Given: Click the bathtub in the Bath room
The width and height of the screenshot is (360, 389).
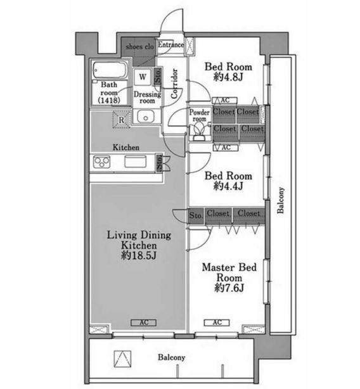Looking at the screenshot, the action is [110, 70].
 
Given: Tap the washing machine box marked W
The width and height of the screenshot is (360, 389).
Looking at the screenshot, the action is [143, 77].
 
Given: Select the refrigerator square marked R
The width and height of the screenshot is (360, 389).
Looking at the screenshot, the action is [121, 120].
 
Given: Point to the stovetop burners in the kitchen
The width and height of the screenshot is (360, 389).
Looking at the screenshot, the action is [101, 162].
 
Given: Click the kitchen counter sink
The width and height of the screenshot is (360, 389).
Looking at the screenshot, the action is [135, 162].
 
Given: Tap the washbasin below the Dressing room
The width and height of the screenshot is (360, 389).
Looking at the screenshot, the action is [146, 117].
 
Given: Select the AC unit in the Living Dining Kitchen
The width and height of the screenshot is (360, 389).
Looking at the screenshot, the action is [144, 322].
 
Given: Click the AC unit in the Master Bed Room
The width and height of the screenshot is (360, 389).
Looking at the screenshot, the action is [217, 322].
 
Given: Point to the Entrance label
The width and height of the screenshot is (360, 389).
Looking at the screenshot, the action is [171, 44].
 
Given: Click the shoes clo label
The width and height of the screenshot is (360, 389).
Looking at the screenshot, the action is [139, 47].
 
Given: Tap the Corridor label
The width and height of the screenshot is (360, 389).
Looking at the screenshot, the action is [174, 84].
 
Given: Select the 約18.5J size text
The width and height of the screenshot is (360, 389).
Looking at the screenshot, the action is [139, 255].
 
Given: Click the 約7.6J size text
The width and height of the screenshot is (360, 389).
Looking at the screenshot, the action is [229, 288].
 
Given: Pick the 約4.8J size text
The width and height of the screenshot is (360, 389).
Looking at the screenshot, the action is [228, 77].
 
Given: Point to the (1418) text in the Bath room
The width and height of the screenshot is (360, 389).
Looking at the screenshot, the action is [109, 100].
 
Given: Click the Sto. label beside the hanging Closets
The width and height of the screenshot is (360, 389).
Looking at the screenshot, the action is [196, 215].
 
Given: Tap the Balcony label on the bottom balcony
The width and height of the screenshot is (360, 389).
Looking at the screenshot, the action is [172, 357].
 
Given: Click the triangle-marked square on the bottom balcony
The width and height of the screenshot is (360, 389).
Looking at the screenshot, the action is [122, 359].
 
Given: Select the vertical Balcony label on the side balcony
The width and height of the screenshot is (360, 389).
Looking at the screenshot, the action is [280, 200].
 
